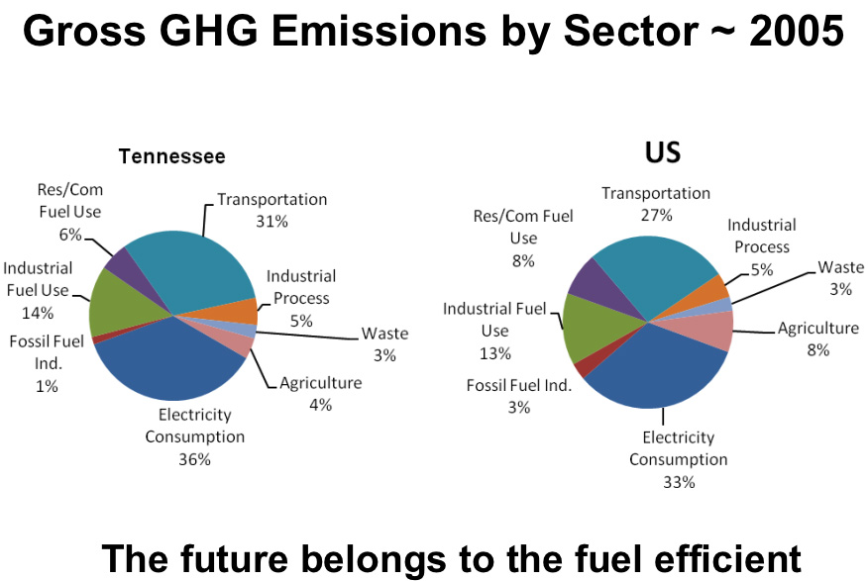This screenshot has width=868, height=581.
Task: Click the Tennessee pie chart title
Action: click(x=171, y=156)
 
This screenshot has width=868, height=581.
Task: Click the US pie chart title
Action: click(x=663, y=152)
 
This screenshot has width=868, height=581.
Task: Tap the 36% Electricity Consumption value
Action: click(x=194, y=459)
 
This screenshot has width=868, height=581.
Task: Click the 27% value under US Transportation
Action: click(x=655, y=215)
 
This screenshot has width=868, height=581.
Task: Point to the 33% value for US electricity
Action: click(x=678, y=482)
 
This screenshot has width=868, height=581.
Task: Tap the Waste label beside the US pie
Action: click(x=841, y=267)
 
